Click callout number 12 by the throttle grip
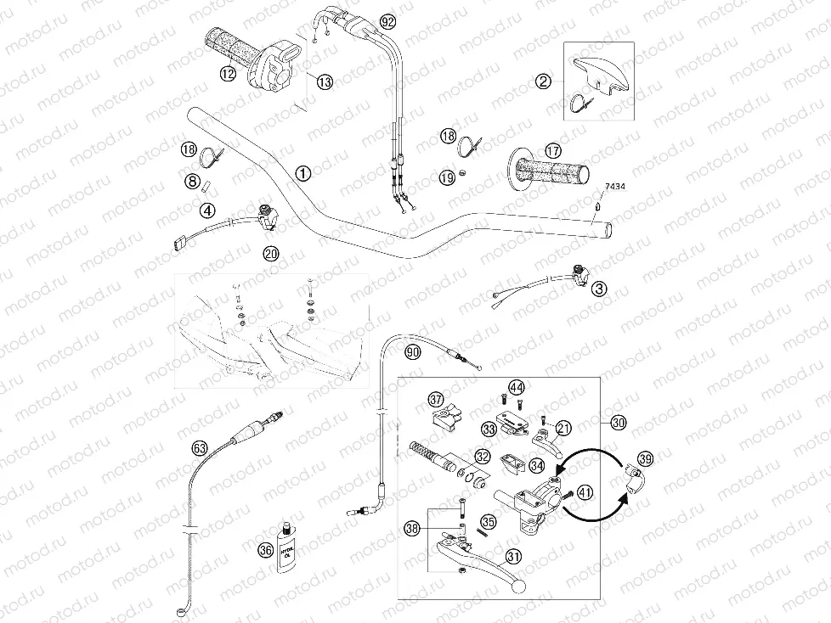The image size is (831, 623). (x=227, y=75)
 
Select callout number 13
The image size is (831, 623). (x=325, y=81)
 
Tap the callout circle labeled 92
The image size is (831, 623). (x=388, y=20)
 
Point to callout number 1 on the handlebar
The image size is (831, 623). (x=302, y=172)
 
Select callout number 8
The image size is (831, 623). (x=193, y=181)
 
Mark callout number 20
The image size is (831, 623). (x=270, y=253)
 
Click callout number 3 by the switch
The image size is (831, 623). (x=601, y=289)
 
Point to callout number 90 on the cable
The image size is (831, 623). (x=412, y=352)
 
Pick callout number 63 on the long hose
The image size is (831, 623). (x=200, y=447)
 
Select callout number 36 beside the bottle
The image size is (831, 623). (x=265, y=549)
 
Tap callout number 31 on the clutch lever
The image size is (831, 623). (x=512, y=556)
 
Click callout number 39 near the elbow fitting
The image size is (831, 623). (x=645, y=459)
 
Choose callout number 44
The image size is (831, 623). (x=517, y=388)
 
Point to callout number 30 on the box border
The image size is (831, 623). (x=618, y=422)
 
